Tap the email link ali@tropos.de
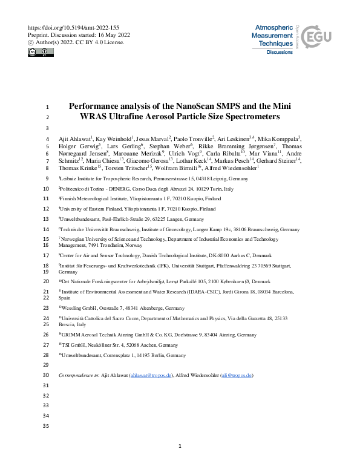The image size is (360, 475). pyautogui.click(x=237, y=376)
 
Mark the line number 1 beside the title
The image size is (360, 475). pyautogui.click(x=47, y=105)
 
